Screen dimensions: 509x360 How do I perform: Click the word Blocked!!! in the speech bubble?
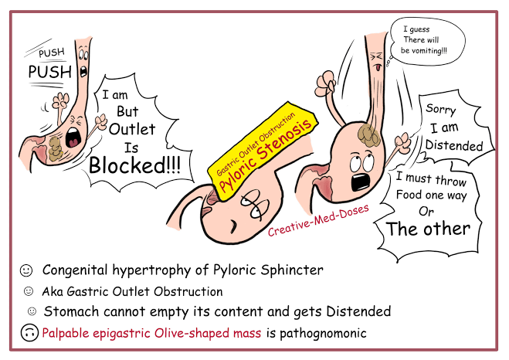pos(134,165)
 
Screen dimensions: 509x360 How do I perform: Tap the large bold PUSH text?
pos(49,72)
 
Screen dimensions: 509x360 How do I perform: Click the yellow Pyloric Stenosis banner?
pos(263,151)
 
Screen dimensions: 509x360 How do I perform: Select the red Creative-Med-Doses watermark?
pos(318,220)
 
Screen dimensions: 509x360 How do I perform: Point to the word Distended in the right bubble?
pos(454,145)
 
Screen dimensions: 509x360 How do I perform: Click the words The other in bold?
pos(428,229)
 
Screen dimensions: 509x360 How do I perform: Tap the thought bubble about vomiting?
pos(427,41)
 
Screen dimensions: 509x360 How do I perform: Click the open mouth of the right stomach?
pos(360,182)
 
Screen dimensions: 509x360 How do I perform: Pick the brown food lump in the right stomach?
pos(368,134)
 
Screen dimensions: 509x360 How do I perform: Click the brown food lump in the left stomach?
pos(55,149)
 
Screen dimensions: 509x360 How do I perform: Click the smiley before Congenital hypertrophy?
pos(26,270)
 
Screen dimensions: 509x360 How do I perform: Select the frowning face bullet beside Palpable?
pos(29,332)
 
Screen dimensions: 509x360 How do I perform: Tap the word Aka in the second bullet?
pos(53,291)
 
